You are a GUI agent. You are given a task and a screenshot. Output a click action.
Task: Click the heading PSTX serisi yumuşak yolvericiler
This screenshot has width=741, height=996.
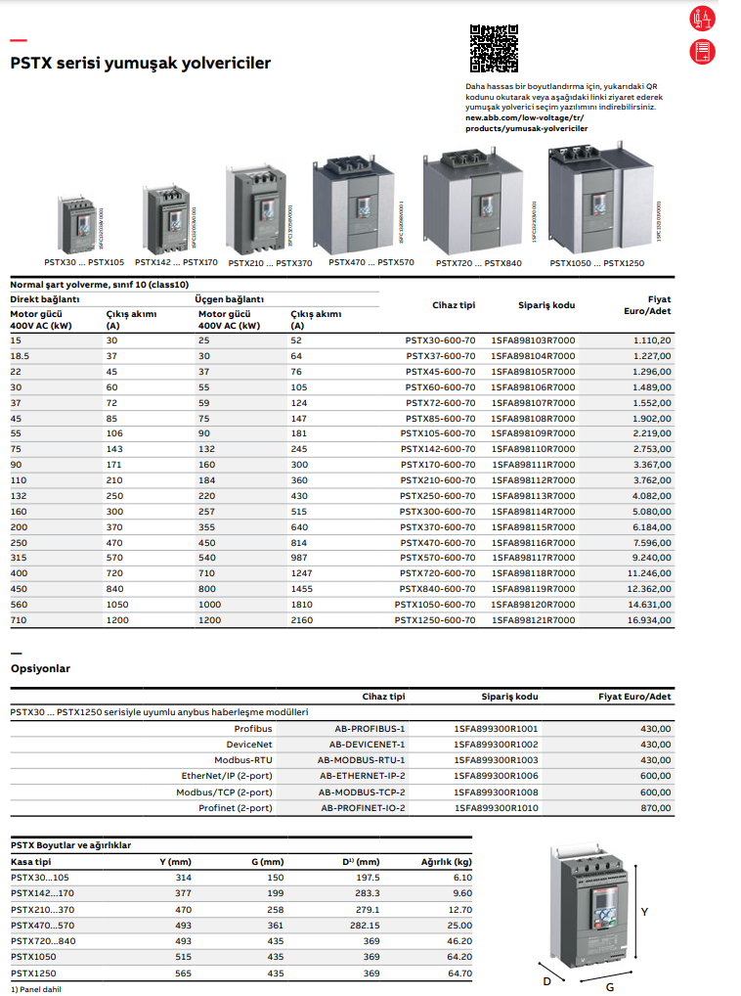[140, 64]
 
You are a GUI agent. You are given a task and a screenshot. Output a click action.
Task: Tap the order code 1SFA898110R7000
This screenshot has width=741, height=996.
[533, 449]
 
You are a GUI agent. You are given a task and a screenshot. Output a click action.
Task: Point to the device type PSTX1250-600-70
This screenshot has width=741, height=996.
[435, 619]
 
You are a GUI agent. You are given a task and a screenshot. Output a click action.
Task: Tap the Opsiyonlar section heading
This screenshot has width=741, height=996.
[40, 668]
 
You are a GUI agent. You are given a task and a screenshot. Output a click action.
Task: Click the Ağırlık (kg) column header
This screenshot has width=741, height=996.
[446, 861]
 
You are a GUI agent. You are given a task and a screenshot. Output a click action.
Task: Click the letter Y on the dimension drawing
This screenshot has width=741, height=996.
[644, 911]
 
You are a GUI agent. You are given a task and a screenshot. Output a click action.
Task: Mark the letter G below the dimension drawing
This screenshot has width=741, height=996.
[610, 986]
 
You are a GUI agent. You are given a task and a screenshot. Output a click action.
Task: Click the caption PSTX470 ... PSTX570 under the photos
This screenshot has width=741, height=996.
[370, 262]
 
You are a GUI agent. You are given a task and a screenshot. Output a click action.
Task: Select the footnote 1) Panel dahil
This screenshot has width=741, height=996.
[35, 989]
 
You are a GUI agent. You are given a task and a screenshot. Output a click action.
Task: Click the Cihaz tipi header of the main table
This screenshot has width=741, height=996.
[454, 304]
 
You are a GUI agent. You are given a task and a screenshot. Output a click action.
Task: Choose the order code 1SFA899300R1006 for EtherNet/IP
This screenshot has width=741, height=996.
[496, 776]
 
